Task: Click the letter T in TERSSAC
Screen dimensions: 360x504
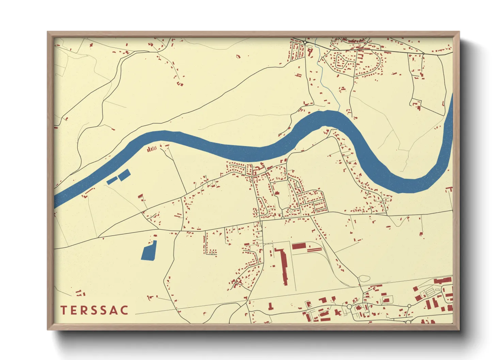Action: (x=64, y=310)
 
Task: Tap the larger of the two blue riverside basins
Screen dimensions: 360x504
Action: (x=124, y=175)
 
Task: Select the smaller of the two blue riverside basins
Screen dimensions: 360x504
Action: (x=112, y=181)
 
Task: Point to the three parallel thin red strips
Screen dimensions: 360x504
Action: (x=314, y=250)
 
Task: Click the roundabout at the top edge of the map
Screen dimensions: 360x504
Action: (x=305, y=42)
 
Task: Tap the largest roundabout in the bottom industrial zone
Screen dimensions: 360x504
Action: (x=349, y=307)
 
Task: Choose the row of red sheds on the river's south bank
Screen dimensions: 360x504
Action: (x=152, y=148)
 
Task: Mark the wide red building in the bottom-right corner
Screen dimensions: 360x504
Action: (x=442, y=281)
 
